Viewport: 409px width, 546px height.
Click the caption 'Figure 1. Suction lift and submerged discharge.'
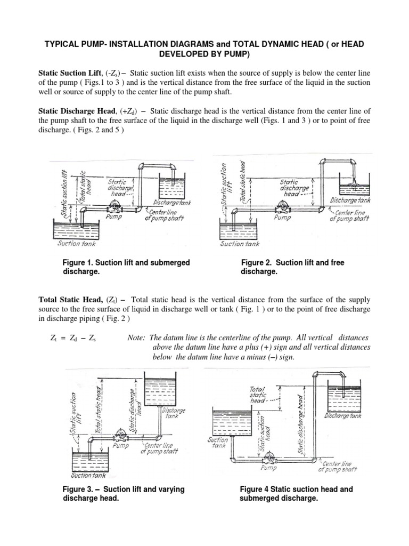(126, 267)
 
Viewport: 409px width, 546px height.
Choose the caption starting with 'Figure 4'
(296, 494)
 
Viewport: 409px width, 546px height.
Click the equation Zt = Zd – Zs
(75, 339)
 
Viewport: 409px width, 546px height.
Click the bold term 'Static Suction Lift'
(70, 72)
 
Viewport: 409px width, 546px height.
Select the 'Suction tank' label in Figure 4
(218, 444)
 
